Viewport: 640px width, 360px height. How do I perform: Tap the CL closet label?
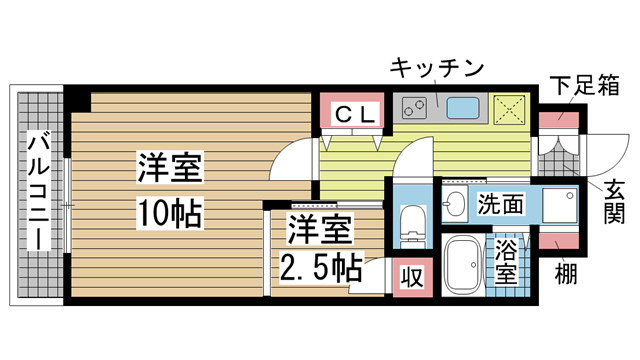(x=355, y=113)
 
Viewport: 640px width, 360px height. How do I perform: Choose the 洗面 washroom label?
(x=499, y=204)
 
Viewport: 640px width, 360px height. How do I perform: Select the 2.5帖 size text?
(x=320, y=268)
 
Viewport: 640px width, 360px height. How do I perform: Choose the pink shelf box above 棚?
(x=556, y=241)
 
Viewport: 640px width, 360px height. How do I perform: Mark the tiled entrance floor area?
(x=558, y=154)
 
